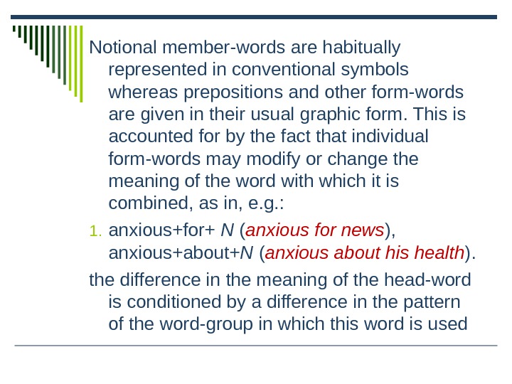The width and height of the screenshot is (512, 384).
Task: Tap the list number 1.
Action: click(x=95, y=231)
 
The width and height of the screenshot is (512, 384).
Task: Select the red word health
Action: click(x=439, y=252)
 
